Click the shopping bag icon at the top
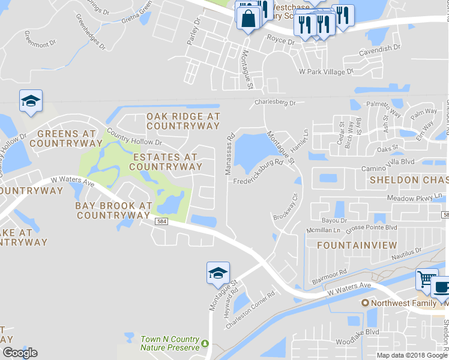click(247, 17)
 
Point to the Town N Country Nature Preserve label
click(169, 343)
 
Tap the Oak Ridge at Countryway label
click(183, 121)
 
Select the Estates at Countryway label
click(163, 161)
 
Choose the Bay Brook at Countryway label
click(113, 209)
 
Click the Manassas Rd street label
click(229, 155)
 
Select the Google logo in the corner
click(20, 353)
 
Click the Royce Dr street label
click(280, 42)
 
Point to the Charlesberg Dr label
click(275, 103)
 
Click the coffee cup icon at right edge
click(441, 287)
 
